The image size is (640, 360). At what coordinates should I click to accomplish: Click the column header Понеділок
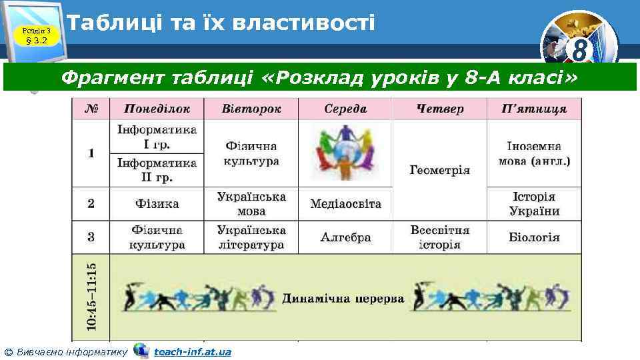157,109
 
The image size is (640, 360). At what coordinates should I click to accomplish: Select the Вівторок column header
251,109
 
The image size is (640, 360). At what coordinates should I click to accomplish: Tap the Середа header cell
345,109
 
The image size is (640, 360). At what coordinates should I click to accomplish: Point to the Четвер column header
439,109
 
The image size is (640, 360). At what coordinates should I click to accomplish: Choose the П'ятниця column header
534,109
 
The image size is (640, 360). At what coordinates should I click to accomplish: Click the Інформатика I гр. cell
157,137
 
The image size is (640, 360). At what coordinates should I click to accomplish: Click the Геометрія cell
439,170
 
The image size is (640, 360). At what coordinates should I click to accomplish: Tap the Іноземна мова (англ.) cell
534,153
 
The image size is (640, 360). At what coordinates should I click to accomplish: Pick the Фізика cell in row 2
157,203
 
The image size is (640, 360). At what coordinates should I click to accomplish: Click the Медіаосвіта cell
345,203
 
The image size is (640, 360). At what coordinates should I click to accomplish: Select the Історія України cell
534,204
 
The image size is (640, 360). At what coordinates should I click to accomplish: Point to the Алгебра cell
345,237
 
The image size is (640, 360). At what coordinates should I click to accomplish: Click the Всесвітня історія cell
439,237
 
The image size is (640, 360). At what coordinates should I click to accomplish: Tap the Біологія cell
534,237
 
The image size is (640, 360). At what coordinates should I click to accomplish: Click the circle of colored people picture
345,153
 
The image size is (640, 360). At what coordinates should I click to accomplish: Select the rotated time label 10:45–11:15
91,297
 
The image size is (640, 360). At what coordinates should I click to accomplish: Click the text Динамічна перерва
343,298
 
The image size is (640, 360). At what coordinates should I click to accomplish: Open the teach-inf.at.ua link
192,351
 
